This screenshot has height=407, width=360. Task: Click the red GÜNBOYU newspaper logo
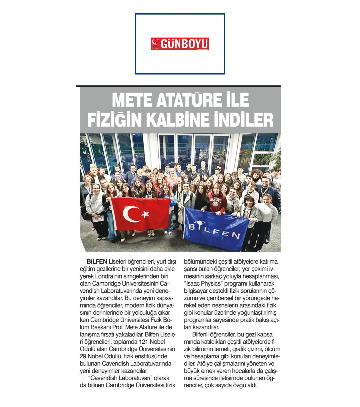point(180,44)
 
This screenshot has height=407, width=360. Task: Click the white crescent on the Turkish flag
point(131,215)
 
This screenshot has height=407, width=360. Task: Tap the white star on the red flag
point(145,215)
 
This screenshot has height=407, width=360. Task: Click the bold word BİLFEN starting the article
point(96,262)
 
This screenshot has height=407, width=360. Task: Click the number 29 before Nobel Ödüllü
point(84,356)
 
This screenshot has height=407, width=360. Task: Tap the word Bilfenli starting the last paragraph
point(203,334)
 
